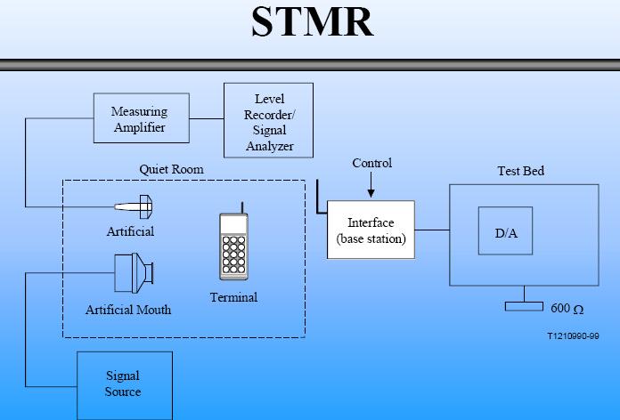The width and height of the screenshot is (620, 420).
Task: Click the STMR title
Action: point(312,22)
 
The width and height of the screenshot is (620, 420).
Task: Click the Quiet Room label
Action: point(171,169)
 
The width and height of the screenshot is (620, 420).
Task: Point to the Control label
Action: point(371,163)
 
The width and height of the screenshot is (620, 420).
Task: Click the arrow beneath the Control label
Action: point(371,186)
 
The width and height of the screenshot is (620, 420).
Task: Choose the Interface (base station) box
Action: point(371,230)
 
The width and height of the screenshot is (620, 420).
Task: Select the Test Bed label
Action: point(520,171)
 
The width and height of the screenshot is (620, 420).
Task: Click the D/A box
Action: point(505,233)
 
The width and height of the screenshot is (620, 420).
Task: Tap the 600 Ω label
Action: point(567,309)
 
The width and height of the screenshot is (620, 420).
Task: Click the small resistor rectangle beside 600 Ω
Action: point(524,307)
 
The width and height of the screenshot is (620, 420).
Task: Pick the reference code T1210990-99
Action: point(574,337)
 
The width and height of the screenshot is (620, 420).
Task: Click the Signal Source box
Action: point(122,384)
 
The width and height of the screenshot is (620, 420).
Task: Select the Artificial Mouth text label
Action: point(128,310)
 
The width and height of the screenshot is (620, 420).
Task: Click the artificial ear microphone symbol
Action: point(137,208)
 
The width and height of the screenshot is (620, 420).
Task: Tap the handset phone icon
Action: point(234,246)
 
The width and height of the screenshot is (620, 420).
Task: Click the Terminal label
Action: point(234,296)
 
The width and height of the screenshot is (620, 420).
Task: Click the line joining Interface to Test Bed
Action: point(431,230)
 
